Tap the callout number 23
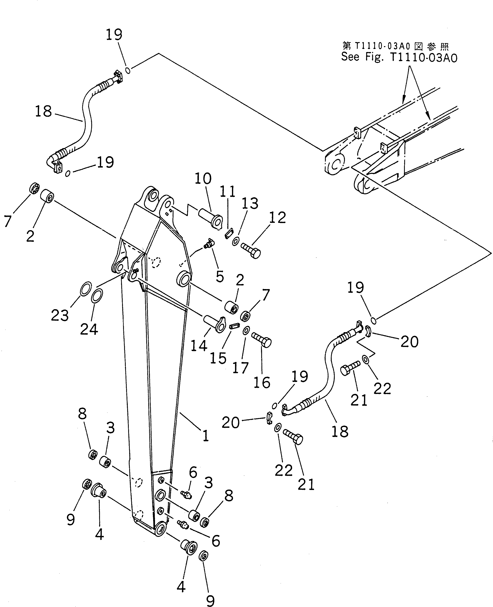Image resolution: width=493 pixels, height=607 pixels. point(60,315)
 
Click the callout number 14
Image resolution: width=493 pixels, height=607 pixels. point(199,346)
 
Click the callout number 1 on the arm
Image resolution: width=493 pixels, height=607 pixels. point(206,435)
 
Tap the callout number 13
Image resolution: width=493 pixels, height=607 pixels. point(250,203)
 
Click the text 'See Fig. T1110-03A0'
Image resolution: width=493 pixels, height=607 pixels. point(399,57)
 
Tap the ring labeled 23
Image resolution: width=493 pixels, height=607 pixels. point(86,289)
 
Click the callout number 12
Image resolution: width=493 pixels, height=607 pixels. point(277,218)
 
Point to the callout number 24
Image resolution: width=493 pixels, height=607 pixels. point(89,329)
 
